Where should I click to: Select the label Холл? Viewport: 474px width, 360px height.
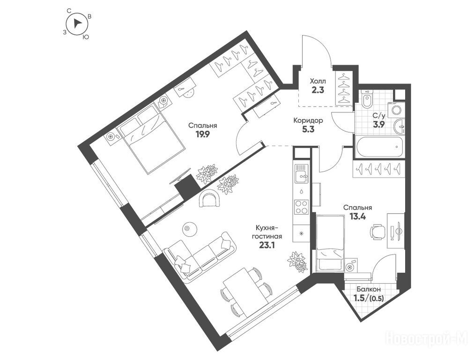[318, 81]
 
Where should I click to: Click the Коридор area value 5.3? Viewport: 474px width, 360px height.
[308, 129]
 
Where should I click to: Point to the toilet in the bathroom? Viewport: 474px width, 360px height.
[367, 99]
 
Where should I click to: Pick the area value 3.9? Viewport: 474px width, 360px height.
[378, 124]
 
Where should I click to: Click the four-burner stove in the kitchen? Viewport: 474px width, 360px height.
[301, 207]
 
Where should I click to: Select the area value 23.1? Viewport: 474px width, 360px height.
[267, 245]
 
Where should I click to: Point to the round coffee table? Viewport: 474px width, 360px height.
[188, 227]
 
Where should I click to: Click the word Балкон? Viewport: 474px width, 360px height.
[368, 290]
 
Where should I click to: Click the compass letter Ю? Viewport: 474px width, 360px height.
[86, 37]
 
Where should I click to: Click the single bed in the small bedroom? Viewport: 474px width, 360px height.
[330, 243]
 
